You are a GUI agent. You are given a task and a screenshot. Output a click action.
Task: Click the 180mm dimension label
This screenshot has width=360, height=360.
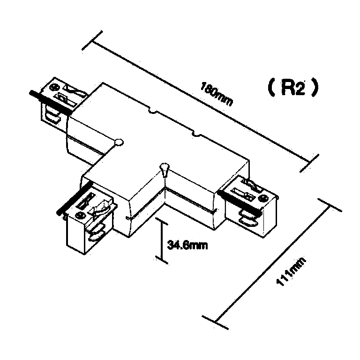point(217,94)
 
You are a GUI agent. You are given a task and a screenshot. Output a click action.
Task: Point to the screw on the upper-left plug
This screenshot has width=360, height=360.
point(55,87)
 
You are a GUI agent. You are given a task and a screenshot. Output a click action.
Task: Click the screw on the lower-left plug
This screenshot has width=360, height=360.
point(80,215)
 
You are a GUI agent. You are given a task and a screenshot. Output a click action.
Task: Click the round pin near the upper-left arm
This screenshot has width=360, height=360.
point(119,141)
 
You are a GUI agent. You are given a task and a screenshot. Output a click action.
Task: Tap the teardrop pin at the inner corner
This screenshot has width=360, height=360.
point(164,167)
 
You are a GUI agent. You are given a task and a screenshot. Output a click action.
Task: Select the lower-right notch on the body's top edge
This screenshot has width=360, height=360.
point(196,136)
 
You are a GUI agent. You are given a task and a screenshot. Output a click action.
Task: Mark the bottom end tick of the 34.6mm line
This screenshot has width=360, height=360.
point(162,261)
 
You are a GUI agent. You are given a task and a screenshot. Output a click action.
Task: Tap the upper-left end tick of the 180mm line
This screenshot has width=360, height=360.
point(92,40)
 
